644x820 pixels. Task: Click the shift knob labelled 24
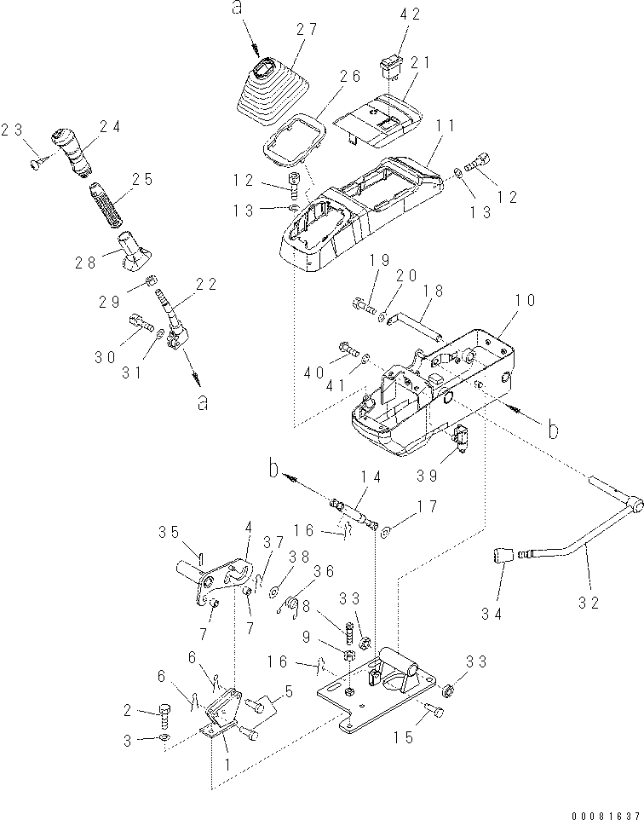pos(72,152)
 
